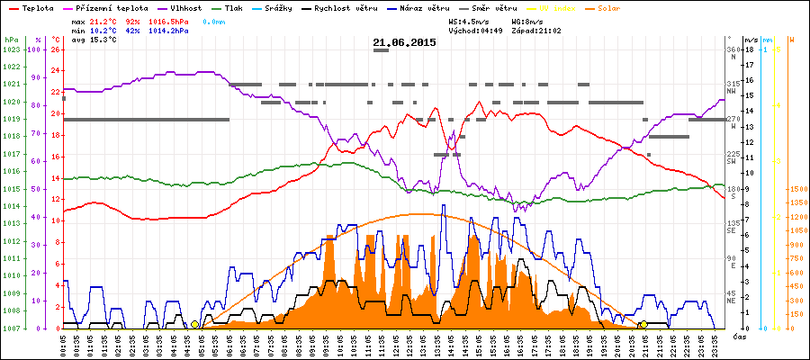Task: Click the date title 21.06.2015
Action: (404, 42)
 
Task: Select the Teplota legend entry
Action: (37, 7)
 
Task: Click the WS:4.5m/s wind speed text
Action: (472, 19)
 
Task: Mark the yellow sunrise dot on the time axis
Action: (194, 324)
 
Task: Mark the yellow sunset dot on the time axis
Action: (643, 324)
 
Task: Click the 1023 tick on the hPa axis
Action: (11, 49)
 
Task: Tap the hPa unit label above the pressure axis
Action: (10, 40)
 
